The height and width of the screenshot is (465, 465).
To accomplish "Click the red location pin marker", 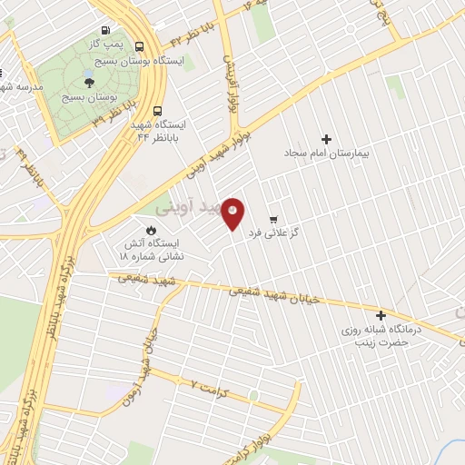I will tap(234, 213).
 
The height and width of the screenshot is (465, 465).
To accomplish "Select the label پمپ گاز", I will tap(105, 44).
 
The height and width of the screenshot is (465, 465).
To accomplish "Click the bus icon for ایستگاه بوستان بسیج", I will tap(139, 46).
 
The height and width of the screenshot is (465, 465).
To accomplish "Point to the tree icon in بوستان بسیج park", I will tap(88, 83).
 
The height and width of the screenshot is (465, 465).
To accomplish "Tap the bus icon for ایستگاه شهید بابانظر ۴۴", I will tap(159, 107).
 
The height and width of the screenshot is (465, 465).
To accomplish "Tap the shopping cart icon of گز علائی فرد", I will tap(273, 220).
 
